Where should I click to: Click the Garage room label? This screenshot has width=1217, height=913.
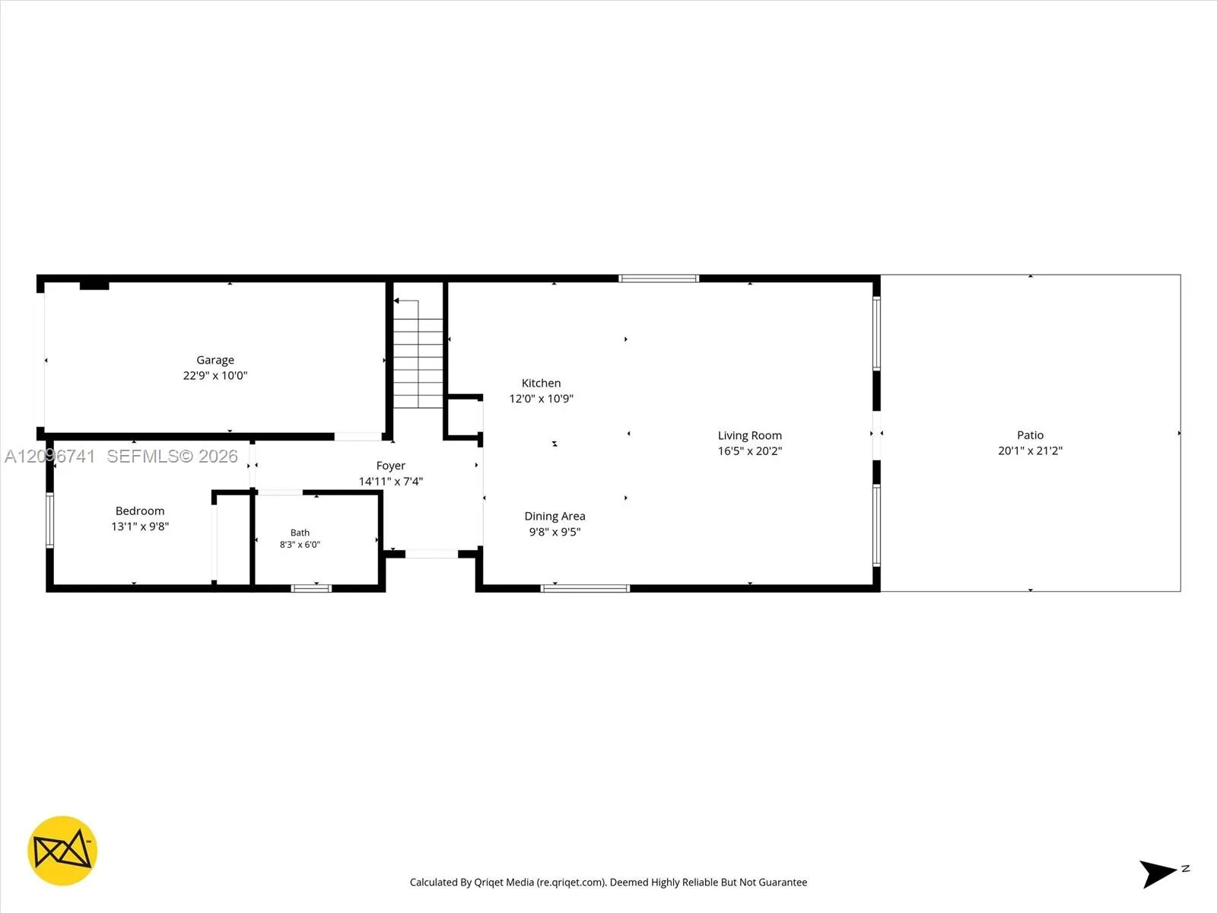215,361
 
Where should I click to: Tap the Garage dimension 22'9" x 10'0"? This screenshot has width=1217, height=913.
215,375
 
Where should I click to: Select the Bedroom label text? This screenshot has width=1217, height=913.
140,511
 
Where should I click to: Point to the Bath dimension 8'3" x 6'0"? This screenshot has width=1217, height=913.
300,544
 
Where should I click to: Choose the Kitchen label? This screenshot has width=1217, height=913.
541,383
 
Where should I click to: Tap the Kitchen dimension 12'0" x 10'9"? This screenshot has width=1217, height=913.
541,399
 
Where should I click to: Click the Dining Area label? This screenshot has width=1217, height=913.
555,516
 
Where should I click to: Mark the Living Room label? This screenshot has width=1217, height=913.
750,436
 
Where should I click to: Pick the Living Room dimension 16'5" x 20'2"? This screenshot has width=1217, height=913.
750,450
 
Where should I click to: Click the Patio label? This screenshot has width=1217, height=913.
1030,435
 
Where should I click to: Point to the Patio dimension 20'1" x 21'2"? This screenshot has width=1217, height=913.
1030,450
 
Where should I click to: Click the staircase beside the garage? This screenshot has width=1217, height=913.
418,355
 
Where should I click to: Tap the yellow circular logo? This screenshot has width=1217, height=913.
62,851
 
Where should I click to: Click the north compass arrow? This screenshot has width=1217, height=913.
1158,874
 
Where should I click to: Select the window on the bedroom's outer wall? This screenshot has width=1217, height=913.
50,520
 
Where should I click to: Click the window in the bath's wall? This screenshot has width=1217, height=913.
311,588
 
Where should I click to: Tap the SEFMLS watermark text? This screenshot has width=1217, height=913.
172,456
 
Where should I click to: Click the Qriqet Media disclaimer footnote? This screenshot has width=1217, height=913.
608,882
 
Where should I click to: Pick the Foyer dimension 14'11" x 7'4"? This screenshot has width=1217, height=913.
391,481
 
